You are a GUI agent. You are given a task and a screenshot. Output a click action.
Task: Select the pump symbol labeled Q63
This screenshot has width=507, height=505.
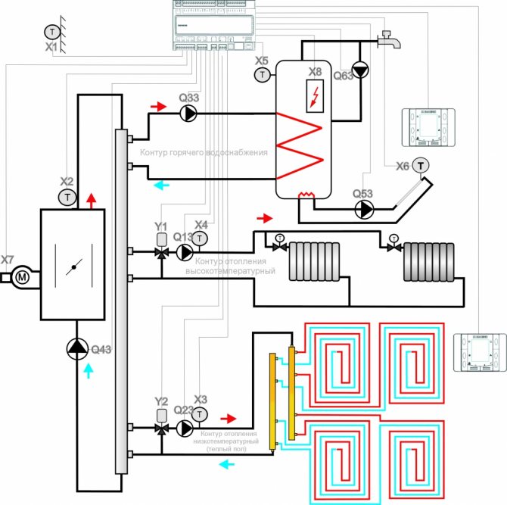[361, 72]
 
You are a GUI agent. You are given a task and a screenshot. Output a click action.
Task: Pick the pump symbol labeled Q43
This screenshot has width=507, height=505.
[77, 348]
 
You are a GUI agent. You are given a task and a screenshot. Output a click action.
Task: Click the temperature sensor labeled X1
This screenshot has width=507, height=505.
[51, 32]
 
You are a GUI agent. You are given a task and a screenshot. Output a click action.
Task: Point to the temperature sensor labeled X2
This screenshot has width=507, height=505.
[67, 197]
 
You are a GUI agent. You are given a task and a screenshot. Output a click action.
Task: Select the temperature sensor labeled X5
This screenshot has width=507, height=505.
[263, 74]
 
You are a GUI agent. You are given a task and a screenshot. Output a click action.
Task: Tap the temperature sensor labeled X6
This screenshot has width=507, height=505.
[420, 165]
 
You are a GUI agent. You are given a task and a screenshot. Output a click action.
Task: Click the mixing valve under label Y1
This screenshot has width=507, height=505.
[161, 252]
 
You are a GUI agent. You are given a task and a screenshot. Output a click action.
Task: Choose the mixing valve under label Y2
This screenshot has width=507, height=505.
[161, 429]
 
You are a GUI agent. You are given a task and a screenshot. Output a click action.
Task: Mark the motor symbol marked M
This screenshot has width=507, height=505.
[22, 277]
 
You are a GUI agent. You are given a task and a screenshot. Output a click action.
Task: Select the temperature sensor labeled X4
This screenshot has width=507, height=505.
[201, 238]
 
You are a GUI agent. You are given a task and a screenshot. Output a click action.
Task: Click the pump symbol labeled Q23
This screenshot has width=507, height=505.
[184, 429]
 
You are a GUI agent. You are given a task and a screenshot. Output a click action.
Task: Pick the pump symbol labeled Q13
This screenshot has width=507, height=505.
[184, 252]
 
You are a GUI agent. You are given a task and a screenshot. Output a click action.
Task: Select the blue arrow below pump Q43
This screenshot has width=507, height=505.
[89, 369]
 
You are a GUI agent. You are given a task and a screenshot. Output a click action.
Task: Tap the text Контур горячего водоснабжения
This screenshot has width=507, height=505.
[204, 153]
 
